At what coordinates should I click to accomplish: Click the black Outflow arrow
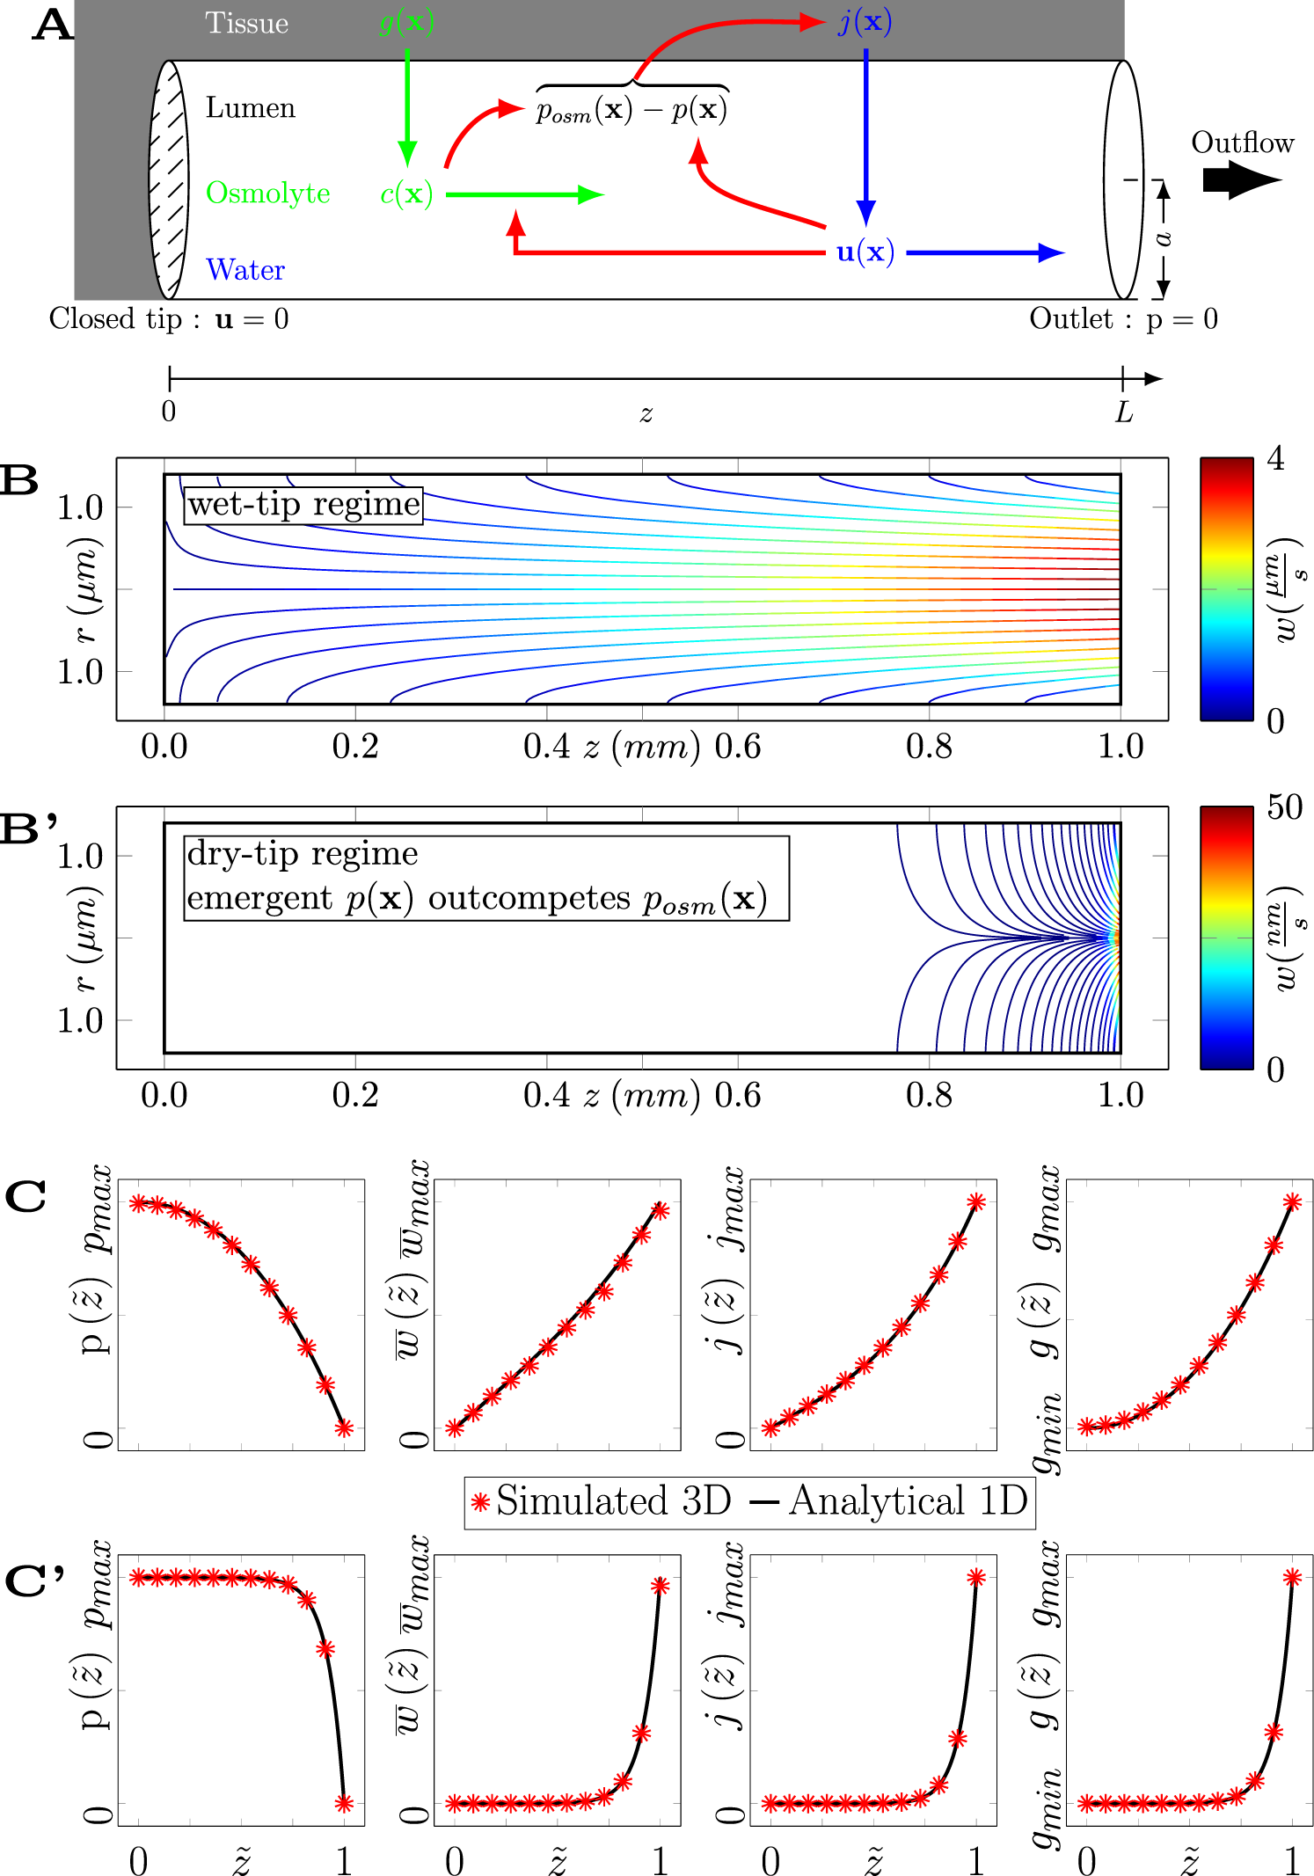1240,179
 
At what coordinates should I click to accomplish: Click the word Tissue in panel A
246,23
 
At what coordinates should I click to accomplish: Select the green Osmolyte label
267,193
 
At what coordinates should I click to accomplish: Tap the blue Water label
245,269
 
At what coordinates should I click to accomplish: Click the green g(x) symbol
406,22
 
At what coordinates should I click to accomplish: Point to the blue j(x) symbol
865,22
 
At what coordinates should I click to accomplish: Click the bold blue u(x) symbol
865,252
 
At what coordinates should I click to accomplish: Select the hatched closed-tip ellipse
168,179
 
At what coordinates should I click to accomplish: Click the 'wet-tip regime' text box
303,505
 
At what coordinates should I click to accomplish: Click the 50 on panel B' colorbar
1283,807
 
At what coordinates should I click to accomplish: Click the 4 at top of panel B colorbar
1275,459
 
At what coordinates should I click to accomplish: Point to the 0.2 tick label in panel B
354,747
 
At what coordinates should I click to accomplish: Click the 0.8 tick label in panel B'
929,1096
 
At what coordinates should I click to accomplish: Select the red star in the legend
479,1502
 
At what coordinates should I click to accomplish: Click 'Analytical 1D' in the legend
908,1501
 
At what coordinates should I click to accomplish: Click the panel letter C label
26,1197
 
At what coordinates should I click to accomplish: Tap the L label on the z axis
1123,412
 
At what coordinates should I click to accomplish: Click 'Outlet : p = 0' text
1123,318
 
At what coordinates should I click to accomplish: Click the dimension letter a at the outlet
1163,238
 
